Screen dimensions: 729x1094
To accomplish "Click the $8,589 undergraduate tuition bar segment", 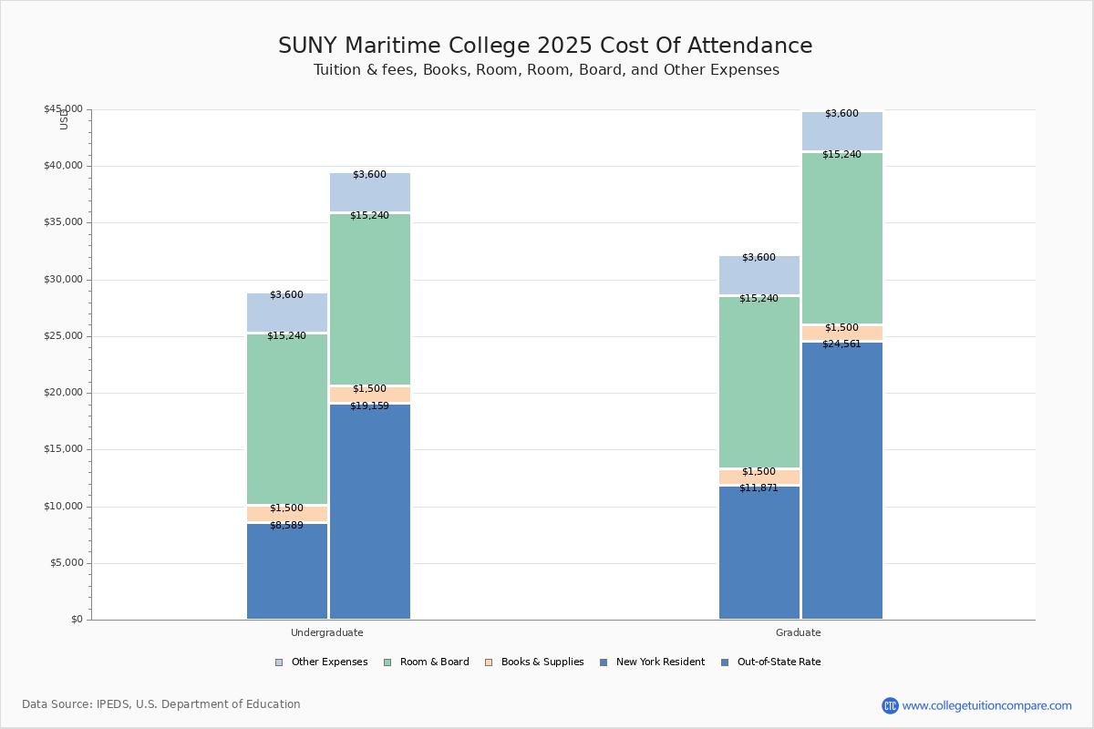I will [287, 571].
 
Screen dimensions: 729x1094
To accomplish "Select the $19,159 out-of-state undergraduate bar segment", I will [370, 511].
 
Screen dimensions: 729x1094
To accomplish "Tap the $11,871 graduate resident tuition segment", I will [759, 552].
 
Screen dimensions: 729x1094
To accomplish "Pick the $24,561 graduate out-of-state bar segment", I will [842, 480].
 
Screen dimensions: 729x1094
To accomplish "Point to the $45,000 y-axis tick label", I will [63, 109].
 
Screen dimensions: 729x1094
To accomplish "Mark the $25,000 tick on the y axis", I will [63, 336].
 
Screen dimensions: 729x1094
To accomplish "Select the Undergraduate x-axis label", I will [326, 632].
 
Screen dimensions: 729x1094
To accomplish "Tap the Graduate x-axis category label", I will [798, 632].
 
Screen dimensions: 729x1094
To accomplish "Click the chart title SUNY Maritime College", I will [545, 46].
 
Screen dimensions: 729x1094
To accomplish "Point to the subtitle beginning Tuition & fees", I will [545, 70].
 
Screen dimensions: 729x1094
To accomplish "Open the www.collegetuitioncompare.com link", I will [986, 705].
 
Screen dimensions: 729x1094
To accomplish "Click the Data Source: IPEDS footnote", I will [161, 704].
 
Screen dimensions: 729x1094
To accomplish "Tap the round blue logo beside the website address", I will [890, 705].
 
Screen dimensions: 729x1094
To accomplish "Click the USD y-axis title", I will [64, 118].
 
